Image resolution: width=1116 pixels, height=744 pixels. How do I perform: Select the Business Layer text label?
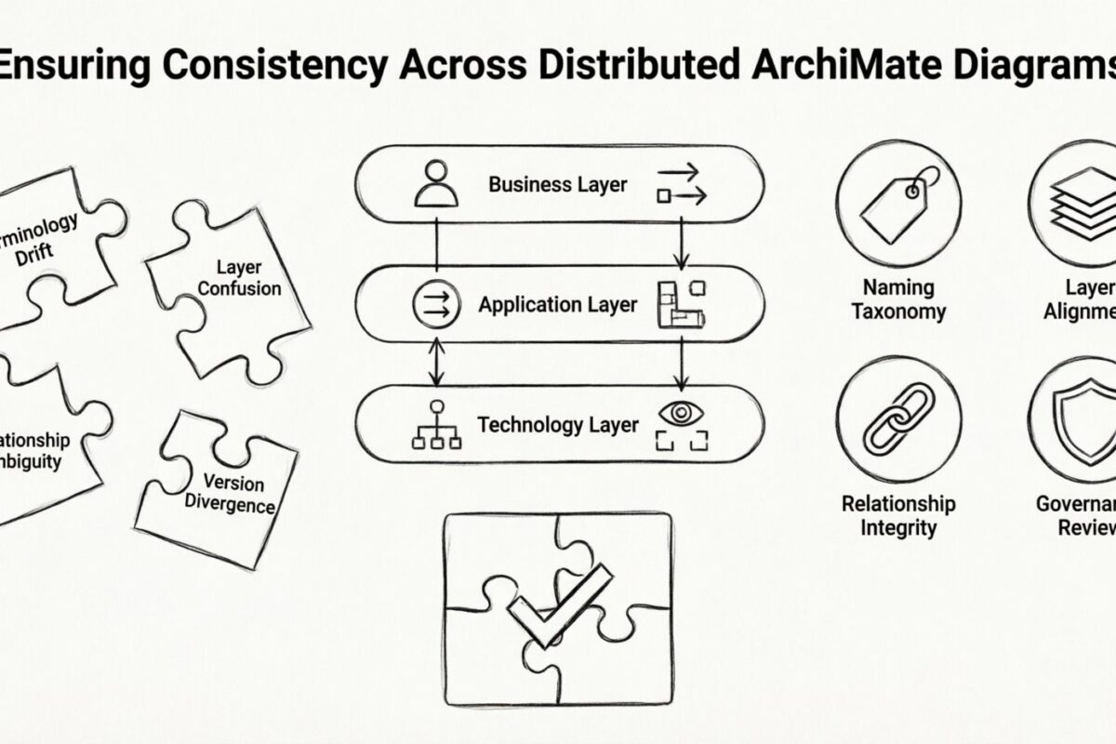[x=558, y=184]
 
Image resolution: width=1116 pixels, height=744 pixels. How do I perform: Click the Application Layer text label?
[x=558, y=304]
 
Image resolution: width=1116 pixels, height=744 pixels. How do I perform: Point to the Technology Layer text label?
[x=558, y=425]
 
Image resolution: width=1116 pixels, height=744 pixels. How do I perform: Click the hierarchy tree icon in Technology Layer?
[x=436, y=426]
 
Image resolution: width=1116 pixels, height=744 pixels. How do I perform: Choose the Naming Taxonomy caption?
[x=898, y=299]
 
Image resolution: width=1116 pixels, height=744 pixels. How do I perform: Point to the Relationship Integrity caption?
[x=898, y=515]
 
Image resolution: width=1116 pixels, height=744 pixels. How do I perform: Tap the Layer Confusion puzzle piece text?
[x=240, y=278]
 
